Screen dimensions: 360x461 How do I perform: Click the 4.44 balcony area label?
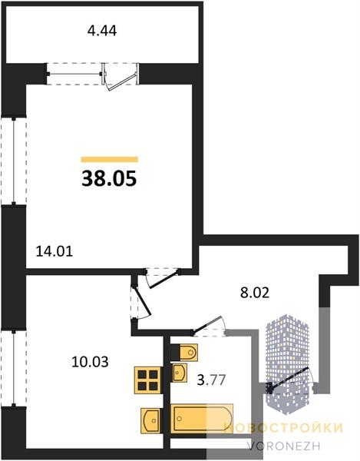[x=102, y=31]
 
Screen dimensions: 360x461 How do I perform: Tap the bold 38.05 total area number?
[x=109, y=179]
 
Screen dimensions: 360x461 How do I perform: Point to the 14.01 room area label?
[x=54, y=252]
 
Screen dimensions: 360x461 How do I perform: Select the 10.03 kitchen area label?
[x=90, y=362]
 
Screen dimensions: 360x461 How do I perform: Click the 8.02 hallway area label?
[x=255, y=293]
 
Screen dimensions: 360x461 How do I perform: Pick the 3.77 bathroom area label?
[x=211, y=380]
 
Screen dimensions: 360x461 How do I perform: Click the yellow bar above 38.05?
[x=109, y=159]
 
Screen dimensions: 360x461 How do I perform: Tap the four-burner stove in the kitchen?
[x=148, y=380]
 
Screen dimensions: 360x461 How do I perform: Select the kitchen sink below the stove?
[x=151, y=420]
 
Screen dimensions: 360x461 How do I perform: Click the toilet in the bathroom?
[x=184, y=352]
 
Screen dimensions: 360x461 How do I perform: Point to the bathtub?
[x=202, y=419]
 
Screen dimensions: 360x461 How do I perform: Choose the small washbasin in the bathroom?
[x=179, y=373]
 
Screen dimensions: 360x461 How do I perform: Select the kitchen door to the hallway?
[x=141, y=301]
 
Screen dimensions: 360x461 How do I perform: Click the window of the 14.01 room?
[x=14, y=161]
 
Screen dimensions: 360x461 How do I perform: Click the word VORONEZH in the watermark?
[x=283, y=446]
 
